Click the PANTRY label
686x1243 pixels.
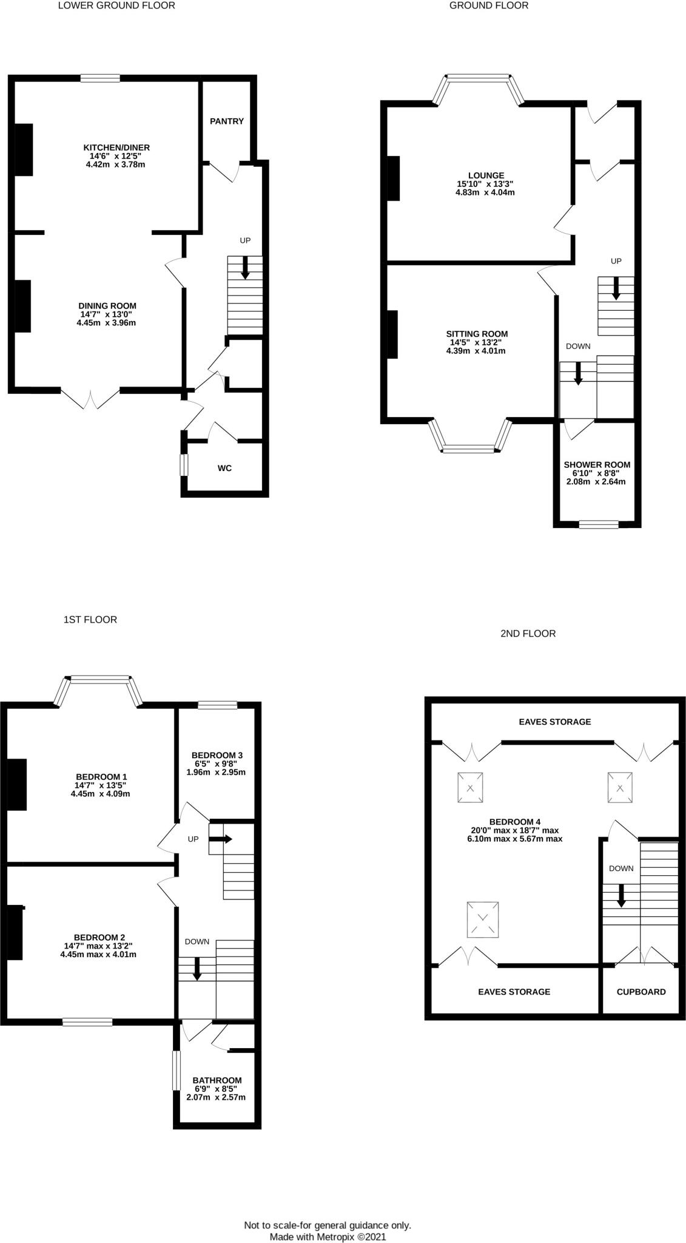point(226,121)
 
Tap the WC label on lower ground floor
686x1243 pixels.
point(224,468)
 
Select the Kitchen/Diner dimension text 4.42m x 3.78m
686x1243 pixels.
point(116,164)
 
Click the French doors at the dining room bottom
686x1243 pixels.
point(90,399)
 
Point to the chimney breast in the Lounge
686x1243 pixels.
point(393,178)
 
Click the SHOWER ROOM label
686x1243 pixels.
point(597,464)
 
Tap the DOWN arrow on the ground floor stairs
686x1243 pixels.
point(578,373)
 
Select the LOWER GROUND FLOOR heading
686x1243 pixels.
point(116,5)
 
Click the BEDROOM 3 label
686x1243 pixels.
point(215,756)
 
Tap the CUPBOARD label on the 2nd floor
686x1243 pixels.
point(641,992)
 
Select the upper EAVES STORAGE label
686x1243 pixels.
point(554,722)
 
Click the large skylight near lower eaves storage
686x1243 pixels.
point(483,919)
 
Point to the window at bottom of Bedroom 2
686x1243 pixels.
point(87,1022)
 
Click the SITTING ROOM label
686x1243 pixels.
point(477,334)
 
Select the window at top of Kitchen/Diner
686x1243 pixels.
point(100,78)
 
